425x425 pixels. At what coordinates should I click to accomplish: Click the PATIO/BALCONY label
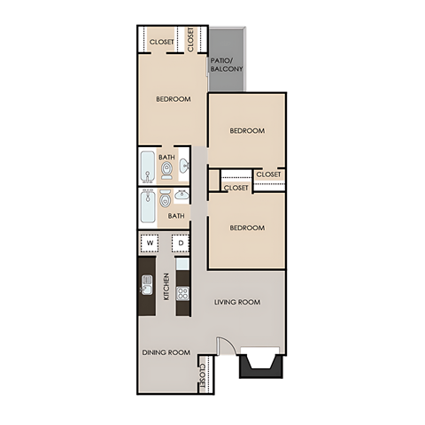(227, 65)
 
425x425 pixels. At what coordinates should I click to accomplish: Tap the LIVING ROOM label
(237, 302)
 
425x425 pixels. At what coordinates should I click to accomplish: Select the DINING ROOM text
(166, 352)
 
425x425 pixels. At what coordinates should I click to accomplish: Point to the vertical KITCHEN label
(166, 285)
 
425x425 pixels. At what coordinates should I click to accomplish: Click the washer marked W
(150, 243)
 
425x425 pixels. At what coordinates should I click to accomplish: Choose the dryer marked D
(180, 243)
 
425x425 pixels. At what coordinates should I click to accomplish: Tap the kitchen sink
(147, 285)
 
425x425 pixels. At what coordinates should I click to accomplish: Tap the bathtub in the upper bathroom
(147, 166)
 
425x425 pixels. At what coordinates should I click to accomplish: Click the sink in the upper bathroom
(183, 166)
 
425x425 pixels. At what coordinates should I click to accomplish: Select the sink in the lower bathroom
(182, 197)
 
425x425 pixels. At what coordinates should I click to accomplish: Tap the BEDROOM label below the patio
(247, 130)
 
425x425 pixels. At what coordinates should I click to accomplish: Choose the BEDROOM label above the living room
(247, 228)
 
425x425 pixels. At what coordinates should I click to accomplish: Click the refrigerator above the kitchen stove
(182, 263)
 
